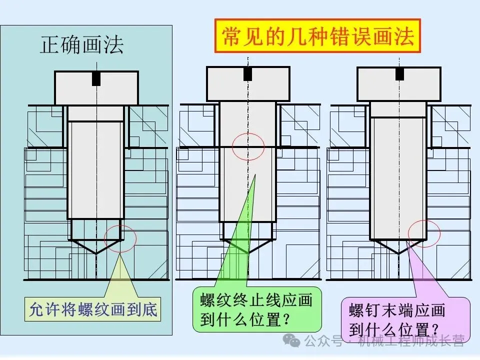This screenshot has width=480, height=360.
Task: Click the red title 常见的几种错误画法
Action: [317, 36]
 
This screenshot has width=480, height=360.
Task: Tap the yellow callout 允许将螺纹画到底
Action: [93, 310]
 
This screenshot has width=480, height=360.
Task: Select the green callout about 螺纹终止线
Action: [256, 309]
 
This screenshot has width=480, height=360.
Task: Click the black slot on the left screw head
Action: [96, 79]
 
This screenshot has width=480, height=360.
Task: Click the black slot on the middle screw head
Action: [248, 74]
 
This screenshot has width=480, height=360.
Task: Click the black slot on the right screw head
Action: [399, 73]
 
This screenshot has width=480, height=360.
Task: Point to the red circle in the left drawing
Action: [120, 238]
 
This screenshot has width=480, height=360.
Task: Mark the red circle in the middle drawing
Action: [248, 146]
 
